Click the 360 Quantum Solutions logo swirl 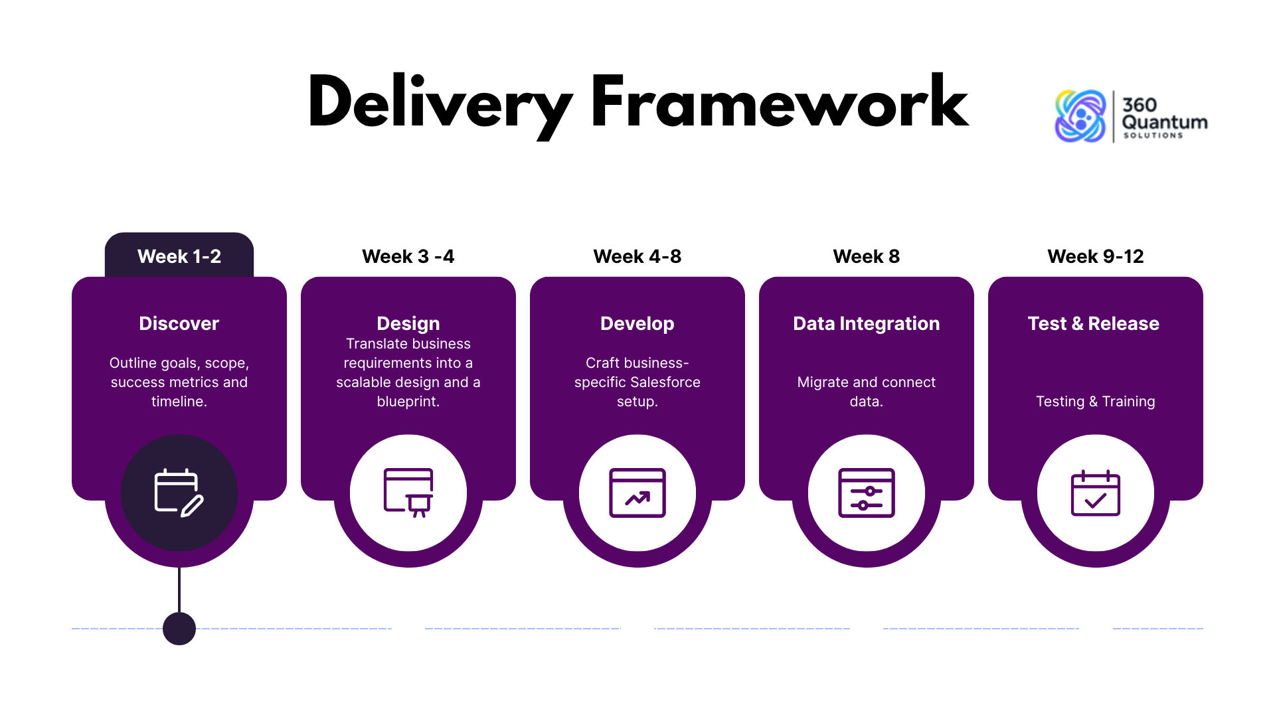point(1080,116)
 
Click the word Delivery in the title point(440,105)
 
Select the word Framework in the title point(780,101)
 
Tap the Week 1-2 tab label point(179,256)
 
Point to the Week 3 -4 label point(408,256)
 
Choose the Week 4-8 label point(637,256)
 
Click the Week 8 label point(867,256)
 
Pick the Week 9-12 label point(1096,256)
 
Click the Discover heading point(179,323)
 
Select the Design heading point(408,323)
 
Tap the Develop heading point(637,323)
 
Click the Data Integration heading point(867,323)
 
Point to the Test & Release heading point(1094,323)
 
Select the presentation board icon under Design point(408,493)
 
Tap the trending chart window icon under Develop point(637,493)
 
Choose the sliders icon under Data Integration point(867,493)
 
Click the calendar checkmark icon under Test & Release point(1096,493)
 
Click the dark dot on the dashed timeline point(179,628)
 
